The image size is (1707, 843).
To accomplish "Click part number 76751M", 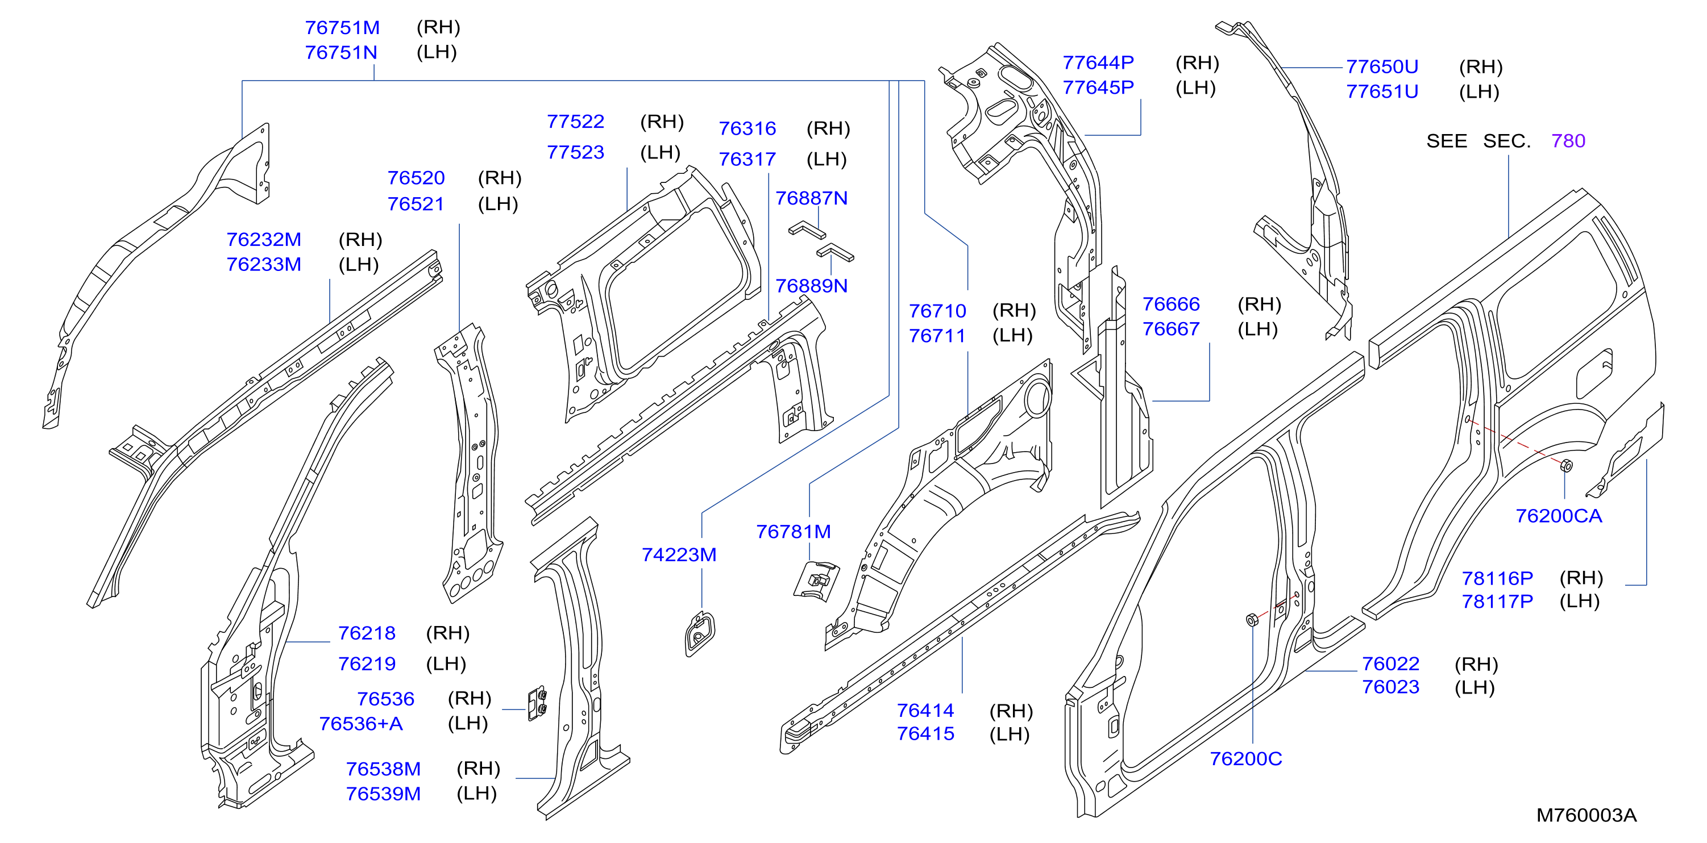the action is coord(342,28).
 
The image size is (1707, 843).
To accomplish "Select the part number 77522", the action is coord(575,122).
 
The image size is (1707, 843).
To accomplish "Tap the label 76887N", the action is coord(811,198).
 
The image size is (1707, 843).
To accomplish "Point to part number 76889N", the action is coord(811,285).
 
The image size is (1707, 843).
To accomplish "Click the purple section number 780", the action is coord(1568,140).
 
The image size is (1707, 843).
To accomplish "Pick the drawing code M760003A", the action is coord(1586,815).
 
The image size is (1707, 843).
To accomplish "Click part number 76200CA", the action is coord(1559,516).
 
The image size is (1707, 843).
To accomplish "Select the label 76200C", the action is coord(1246,758).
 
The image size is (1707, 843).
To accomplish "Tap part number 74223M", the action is coord(679,554).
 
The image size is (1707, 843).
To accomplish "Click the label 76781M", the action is coord(793,532).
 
